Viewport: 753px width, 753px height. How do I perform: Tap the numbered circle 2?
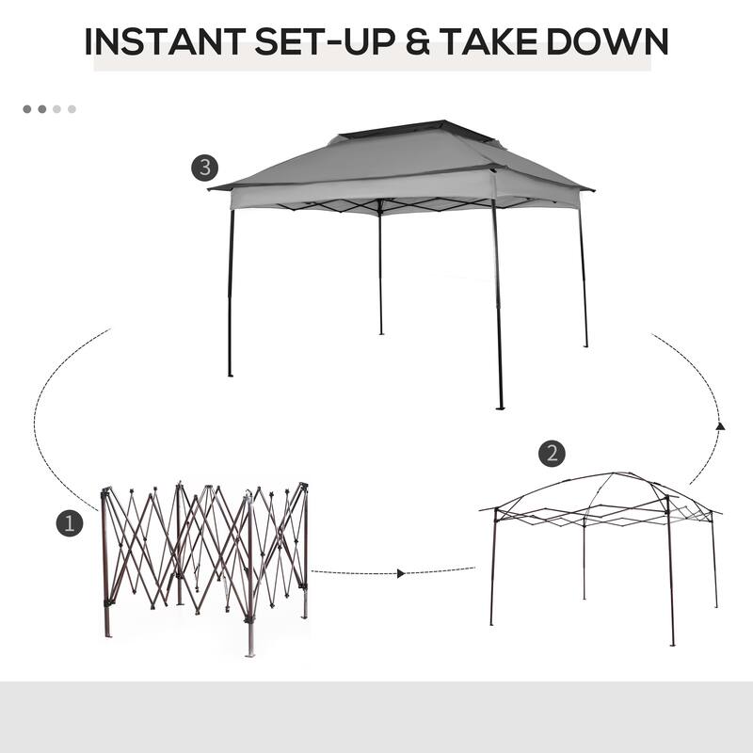pyautogui.click(x=553, y=453)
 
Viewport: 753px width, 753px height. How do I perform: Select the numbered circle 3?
pyautogui.click(x=205, y=168)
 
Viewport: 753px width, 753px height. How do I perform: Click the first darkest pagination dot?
pyautogui.click(x=27, y=109)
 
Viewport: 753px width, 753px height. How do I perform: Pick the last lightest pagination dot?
pyautogui.click(x=72, y=109)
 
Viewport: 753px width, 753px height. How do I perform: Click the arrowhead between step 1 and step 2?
pyautogui.click(x=402, y=572)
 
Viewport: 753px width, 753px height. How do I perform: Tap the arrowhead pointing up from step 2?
pyautogui.click(x=720, y=426)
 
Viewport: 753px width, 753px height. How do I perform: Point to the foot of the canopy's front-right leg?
pyautogui.click(x=500, y=407)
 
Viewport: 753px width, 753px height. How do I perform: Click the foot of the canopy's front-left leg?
pyautogui.click(x=230, y=374)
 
